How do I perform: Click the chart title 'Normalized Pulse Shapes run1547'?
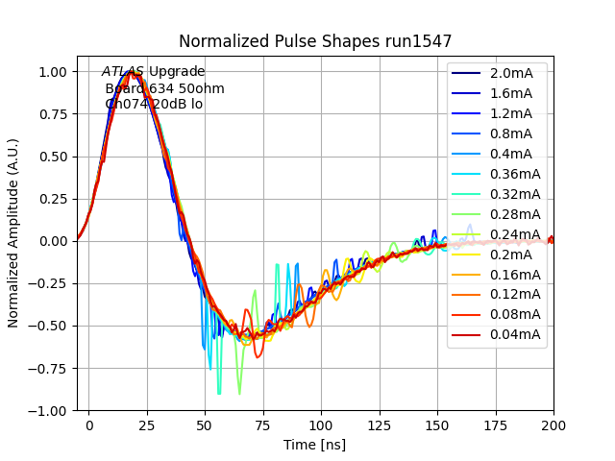click(x=314, y=41)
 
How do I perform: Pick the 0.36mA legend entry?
click(x=514, y=174)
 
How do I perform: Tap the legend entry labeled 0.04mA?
click(x=514, y=334)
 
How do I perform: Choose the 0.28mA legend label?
click(x=514, y=214)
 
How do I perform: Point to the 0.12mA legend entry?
click(x=514, y=294)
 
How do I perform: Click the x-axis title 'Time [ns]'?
click(x=314, y=445)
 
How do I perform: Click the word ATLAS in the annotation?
click(x=123, y=72)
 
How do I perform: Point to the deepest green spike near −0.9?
click(x=219, y=393)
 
